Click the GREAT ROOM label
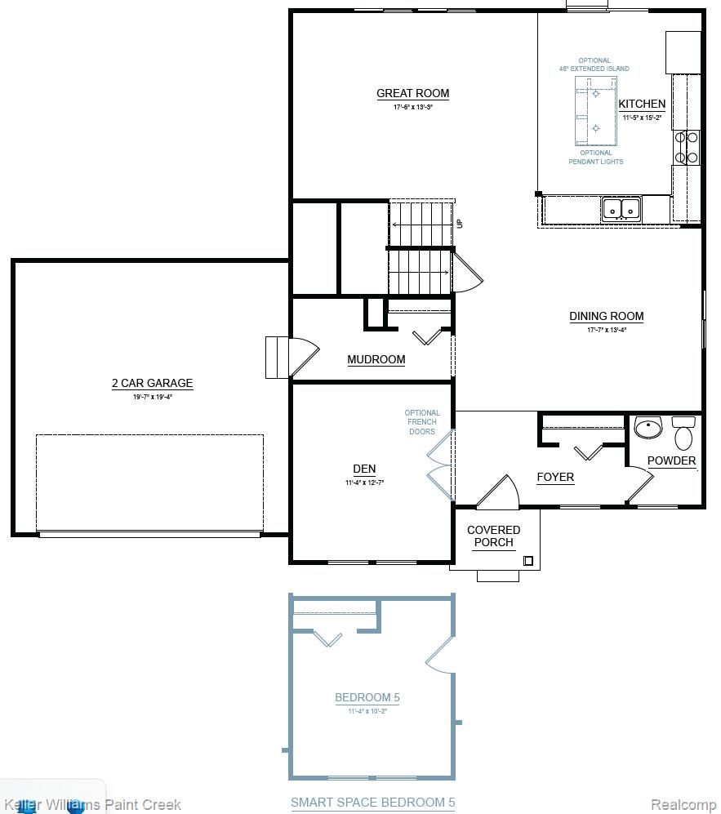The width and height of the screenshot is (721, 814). tap(412, 93)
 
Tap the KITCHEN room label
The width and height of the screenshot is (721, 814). tap(642, 104)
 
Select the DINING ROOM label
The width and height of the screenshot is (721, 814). tap(606, 316)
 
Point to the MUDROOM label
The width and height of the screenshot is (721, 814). tap(376, 359)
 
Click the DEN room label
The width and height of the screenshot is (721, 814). tap(364, 469)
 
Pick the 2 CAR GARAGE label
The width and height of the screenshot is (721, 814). tap(152, 383)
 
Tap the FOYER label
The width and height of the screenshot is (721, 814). tap(555, 477)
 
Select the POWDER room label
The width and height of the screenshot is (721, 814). tap(671, 460)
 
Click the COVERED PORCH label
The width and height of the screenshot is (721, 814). tap(493, 536)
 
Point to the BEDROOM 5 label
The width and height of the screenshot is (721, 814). tap(367, 697)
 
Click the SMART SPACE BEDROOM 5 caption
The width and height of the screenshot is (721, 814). tap(372, 803)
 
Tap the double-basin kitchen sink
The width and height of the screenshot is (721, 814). tap(621, 209)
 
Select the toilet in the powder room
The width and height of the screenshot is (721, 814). tap(683, 433)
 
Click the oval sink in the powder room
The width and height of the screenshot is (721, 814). tap(648, 428)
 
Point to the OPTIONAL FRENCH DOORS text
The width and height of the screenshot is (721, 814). tap(422, 422)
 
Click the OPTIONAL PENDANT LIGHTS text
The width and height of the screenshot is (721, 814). tap(596, 157)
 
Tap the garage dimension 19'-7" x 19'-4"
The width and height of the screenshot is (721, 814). tap(152, 398)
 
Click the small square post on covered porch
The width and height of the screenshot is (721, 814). tap(528, 561)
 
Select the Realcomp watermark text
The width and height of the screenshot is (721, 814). tap(683, 805)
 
